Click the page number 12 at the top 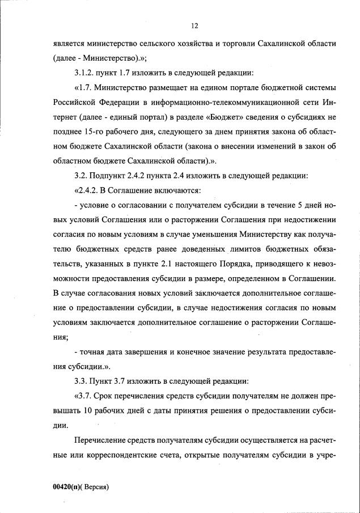[194, 26]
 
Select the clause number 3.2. [81, 176]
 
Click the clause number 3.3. [81, 382]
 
